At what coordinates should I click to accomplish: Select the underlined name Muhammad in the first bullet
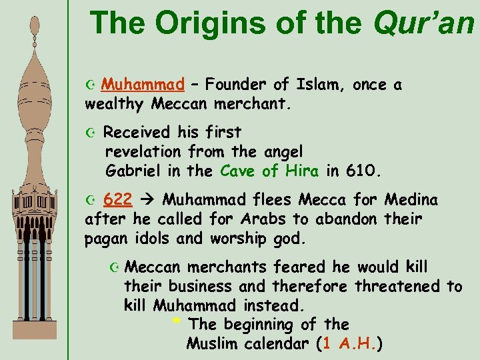tap(143, 85)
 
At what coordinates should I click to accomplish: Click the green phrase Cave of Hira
tap(269, 171)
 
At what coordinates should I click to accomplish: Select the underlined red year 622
tap(118, 200)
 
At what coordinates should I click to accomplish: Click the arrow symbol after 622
tap(150, 200)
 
